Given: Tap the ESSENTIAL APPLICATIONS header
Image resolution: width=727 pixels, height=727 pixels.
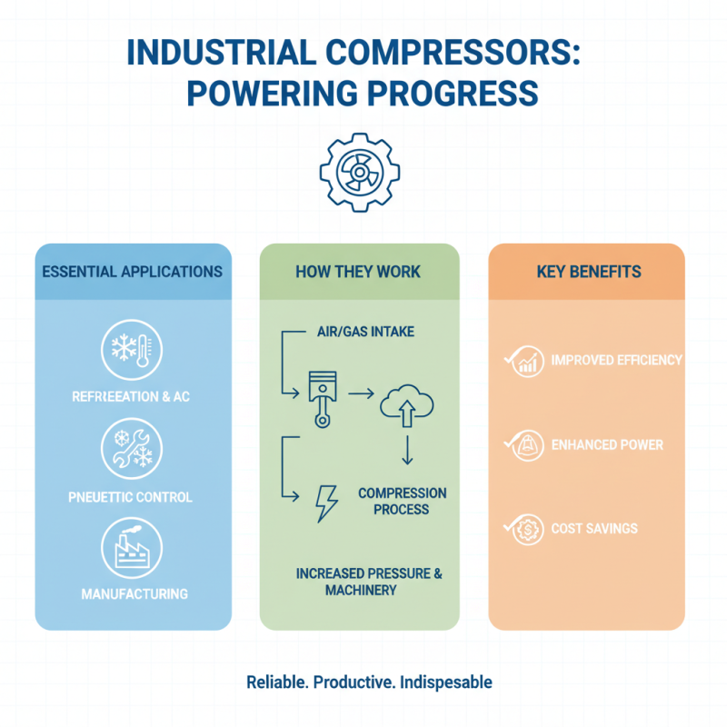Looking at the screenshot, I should [133, 272].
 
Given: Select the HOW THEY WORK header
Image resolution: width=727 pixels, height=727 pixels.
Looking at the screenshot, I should [359, 272].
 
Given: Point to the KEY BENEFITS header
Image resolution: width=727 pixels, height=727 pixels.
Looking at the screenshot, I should [586, 272].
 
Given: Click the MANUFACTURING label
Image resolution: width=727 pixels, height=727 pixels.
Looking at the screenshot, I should [134, 594].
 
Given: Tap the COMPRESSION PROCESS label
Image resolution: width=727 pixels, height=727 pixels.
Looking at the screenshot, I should [402, 501].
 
